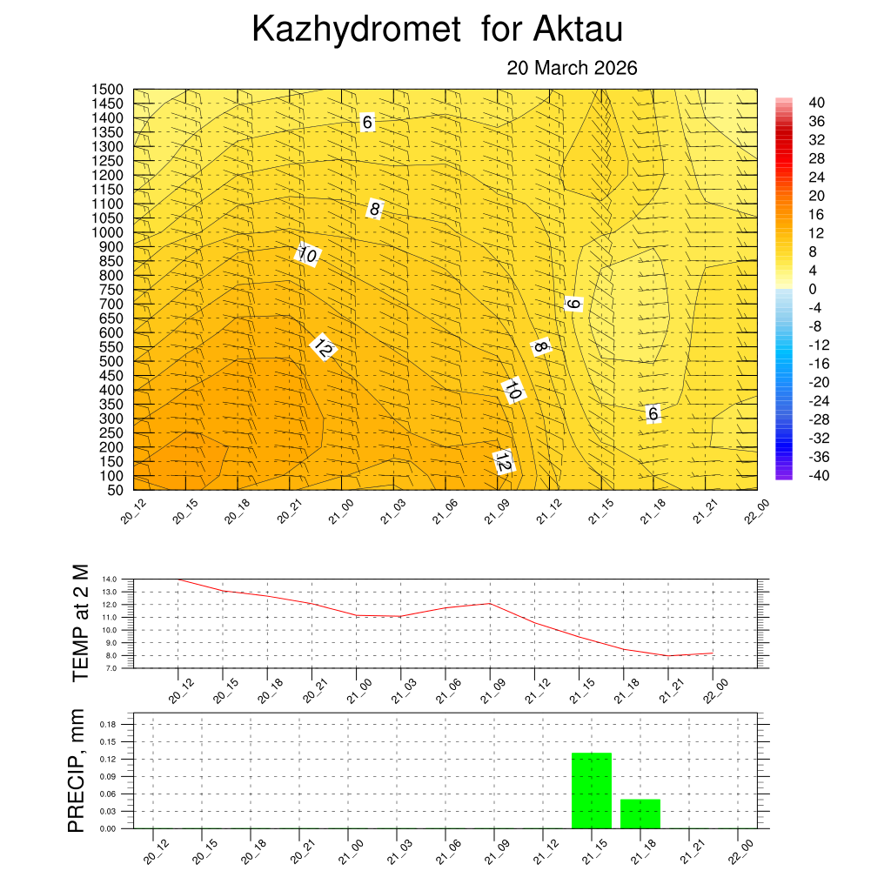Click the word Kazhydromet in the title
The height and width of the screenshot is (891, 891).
[355, 30]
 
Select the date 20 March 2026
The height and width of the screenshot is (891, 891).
[572, 68]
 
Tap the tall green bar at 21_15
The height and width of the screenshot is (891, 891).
[592, 790]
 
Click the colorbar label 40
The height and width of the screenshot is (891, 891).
[816, 102]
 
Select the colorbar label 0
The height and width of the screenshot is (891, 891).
[813, 289]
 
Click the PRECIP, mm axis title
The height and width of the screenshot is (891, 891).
[78, 772]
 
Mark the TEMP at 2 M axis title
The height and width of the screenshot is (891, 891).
[81, 623]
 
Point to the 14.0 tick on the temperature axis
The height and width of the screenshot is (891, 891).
[109, 579]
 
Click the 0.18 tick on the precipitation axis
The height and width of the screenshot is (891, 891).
[108, 724]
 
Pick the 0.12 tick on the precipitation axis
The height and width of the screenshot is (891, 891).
[108, 759]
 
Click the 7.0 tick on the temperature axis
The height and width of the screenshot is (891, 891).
[109, 668]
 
